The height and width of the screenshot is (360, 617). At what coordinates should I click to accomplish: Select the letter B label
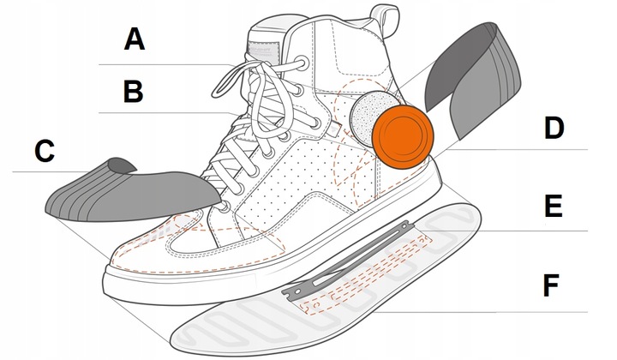133,92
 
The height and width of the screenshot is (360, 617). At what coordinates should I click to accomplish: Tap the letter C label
45,152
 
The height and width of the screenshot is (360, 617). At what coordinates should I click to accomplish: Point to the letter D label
554,129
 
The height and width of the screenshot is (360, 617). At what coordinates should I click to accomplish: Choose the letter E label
554,207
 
